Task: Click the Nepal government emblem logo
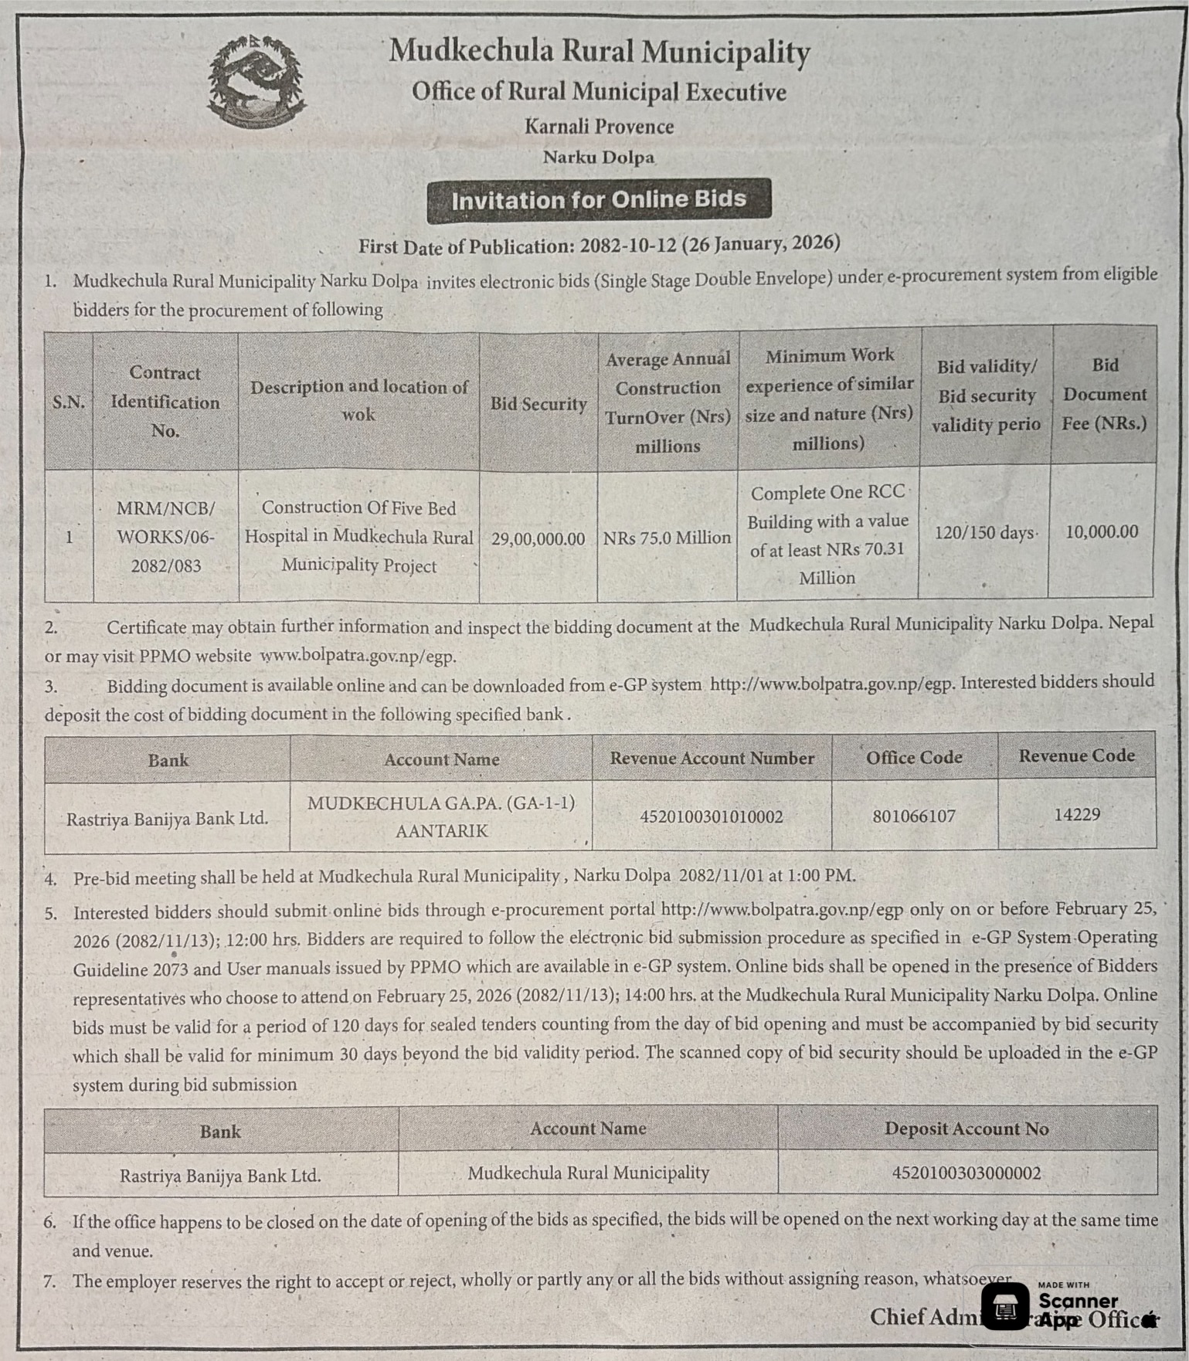pyautogui.click(x=256, y=80)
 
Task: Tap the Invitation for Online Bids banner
pyautogui.click(x=599, y=200)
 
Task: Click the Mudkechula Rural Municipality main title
pyautogui.click(x=600, y=51)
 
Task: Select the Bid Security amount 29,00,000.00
pyautogui.click(x=538, y=538)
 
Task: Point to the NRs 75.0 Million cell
pyautogui.click(x=667, y=538)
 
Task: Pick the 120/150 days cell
pyautogui.click(x=984, y=533)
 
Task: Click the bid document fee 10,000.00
pyautogui.click(x=1102, y=531)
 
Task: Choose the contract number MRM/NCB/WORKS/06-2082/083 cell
pyautogui.click(x=165, y=537)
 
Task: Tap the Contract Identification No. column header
pyautogui.click(x=165, y=402)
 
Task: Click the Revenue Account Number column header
pyautogui.click(x=712, y=759)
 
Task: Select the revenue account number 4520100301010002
pyautogui.click(x=712, y=816)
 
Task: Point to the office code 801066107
pyautogui.click(x=914, y=816)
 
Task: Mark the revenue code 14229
pyautogui.click(x=1077, y=814)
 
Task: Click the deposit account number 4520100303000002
pyautogui.click(x=966, y=1173)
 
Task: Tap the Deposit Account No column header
pyautogui.click(x=966, y=1129)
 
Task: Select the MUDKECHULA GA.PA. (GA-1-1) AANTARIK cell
pyautogui.click(x=441, y=817)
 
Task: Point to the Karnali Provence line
pyautogui.click(x=599, y=127)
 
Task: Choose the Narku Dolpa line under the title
pyautogui.click(x=599, y=158)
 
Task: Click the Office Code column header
pyautogui.click(x=914, y=758)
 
